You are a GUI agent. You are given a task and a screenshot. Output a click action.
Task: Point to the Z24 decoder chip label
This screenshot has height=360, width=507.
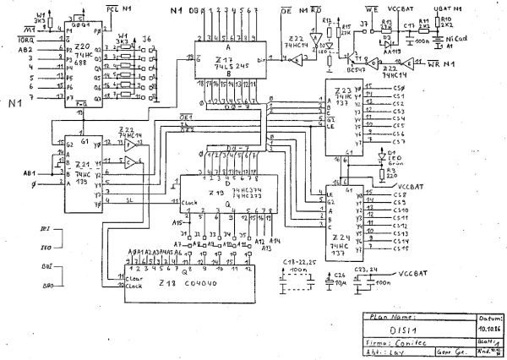(x=341, y=238)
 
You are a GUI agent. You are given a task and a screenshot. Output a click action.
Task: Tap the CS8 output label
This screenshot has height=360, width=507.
(x=400, y=195)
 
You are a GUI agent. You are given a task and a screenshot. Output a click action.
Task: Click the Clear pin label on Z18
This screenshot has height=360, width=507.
(x=137, y=276)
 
